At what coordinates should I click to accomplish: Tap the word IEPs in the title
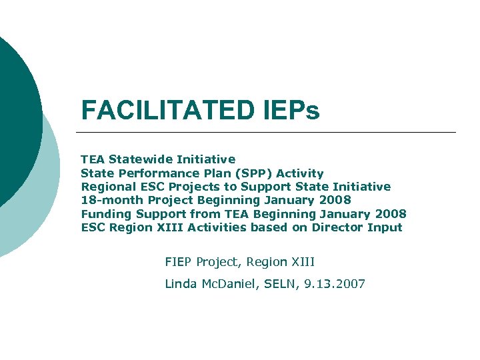(x=287, y=111)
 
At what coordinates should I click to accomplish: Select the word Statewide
(x=139, y=159)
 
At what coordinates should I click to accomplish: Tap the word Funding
(x=107, y=214)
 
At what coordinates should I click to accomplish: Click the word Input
(x=385, y=227)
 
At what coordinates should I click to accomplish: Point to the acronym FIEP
(x=178, y=262)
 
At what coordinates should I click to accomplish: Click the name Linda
(x=179, y=284)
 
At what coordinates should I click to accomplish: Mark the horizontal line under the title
(x=267, y=132)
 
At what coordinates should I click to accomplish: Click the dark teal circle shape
(x=17, y=113)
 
